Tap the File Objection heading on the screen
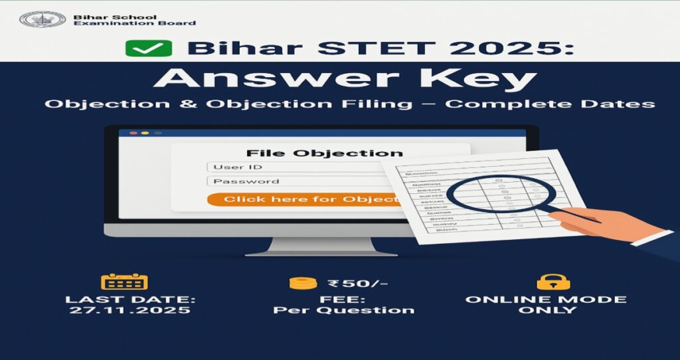[x=324, y=153]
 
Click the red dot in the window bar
[x=133, y=133]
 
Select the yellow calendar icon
[x=124, y=282]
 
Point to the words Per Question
[x=344, y=310]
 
